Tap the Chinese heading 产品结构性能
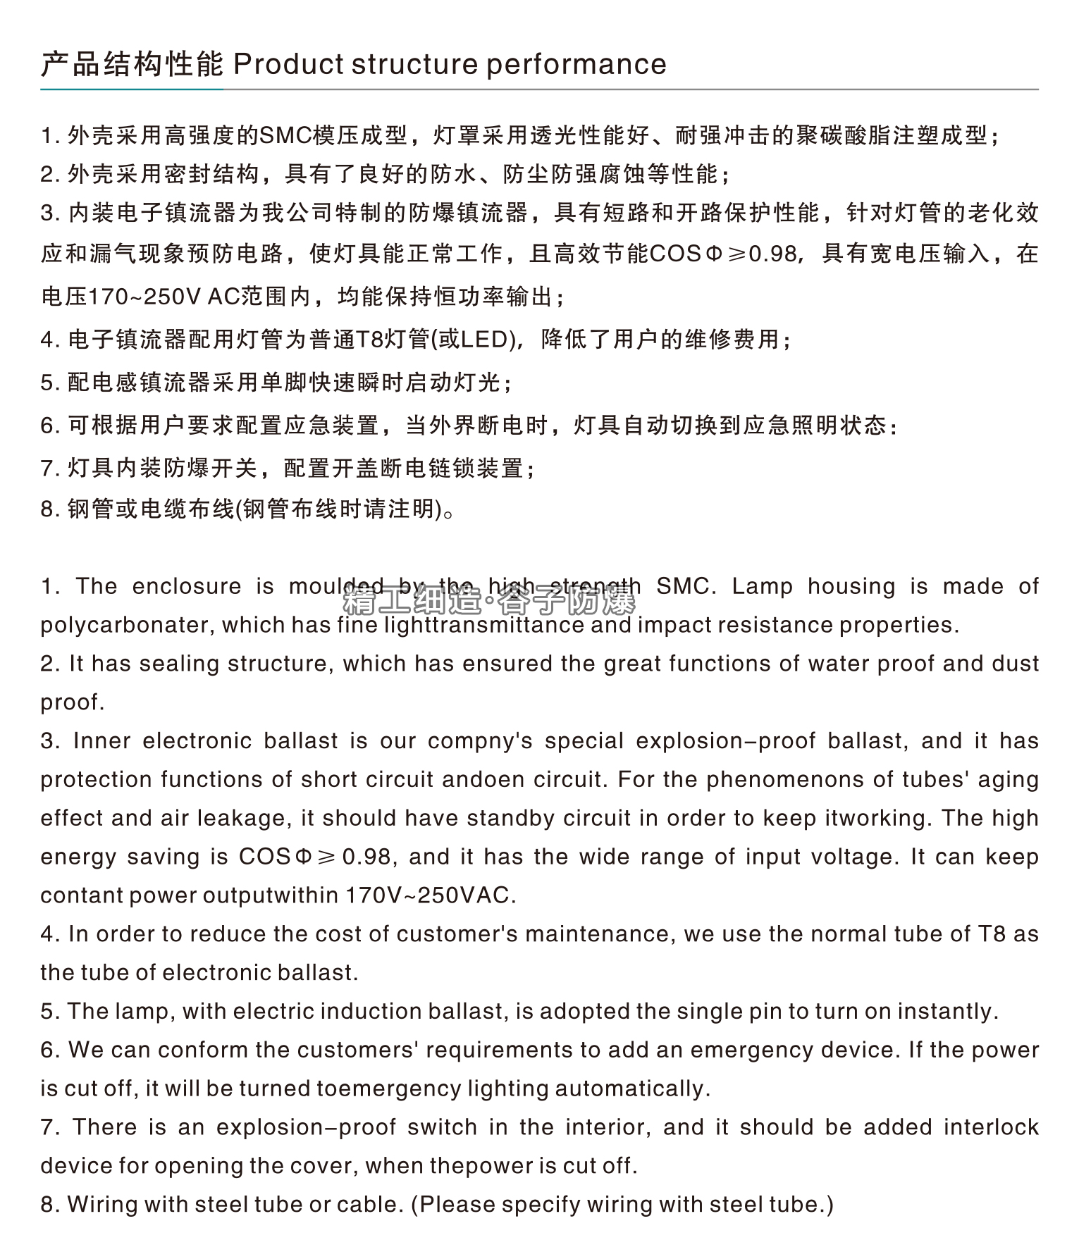click(x=132, y=65)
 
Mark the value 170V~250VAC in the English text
click(x=430, y=896)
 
